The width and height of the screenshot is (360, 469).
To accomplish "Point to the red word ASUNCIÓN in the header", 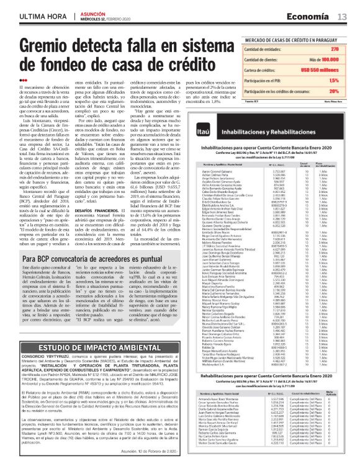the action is [94, 12].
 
